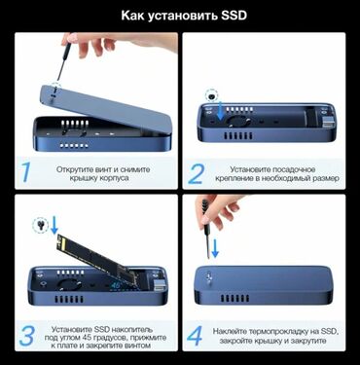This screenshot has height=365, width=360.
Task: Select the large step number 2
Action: click(197, 172)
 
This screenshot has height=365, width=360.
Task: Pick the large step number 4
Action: click(197, 336)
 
